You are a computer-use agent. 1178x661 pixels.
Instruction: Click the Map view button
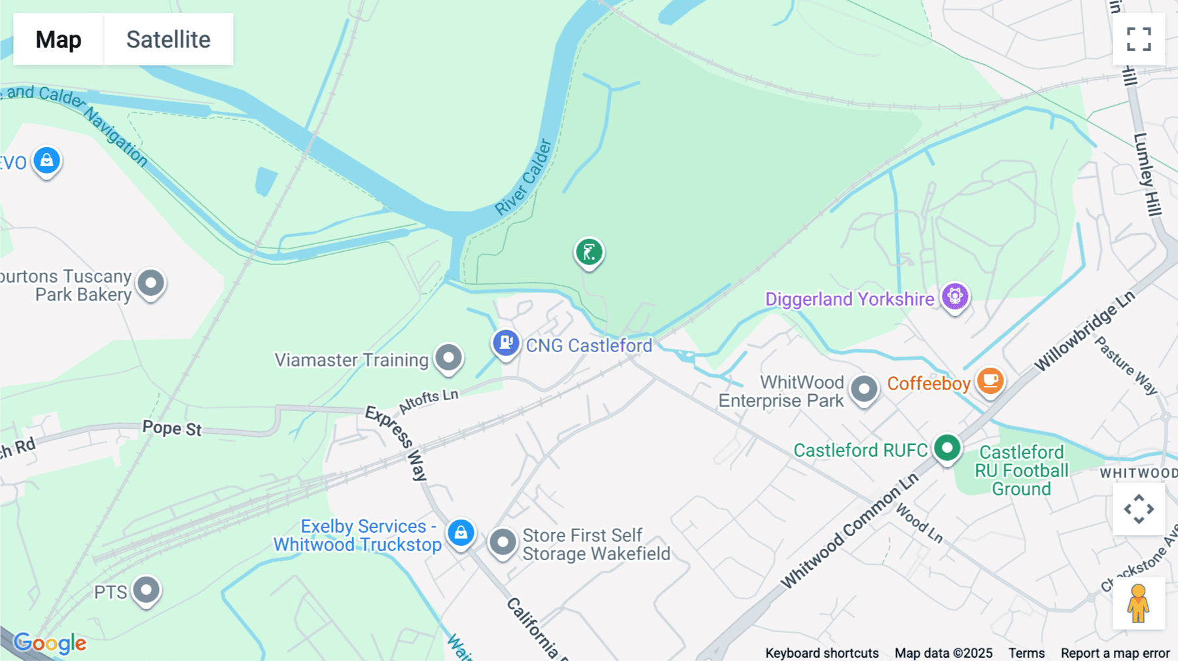coord(58,39)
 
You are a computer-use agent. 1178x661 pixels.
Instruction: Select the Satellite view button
coord(168,39)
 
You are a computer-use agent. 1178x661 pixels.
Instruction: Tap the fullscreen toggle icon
coord(1139,39)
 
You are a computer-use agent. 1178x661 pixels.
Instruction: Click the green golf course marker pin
coord(589,252)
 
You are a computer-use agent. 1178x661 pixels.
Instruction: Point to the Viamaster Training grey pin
coord(449,358)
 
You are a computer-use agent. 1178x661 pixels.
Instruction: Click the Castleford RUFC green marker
coord(947,449)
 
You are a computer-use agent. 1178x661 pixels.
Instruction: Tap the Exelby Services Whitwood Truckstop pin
coord(461,533)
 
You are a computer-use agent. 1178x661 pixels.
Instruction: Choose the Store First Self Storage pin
coord(503,543)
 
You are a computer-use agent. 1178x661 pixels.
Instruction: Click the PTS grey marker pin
coord(146,590)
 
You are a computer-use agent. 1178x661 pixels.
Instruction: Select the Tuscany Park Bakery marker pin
coord(151,283)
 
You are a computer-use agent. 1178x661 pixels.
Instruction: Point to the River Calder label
coord(524,177)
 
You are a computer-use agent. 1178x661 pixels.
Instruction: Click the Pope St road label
coord(172,429)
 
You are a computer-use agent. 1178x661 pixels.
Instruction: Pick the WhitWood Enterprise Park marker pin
coord(864,389)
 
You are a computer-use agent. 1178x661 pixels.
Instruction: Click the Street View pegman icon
coord(1138,603)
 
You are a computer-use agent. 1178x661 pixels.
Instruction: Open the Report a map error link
coord(1115,653)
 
